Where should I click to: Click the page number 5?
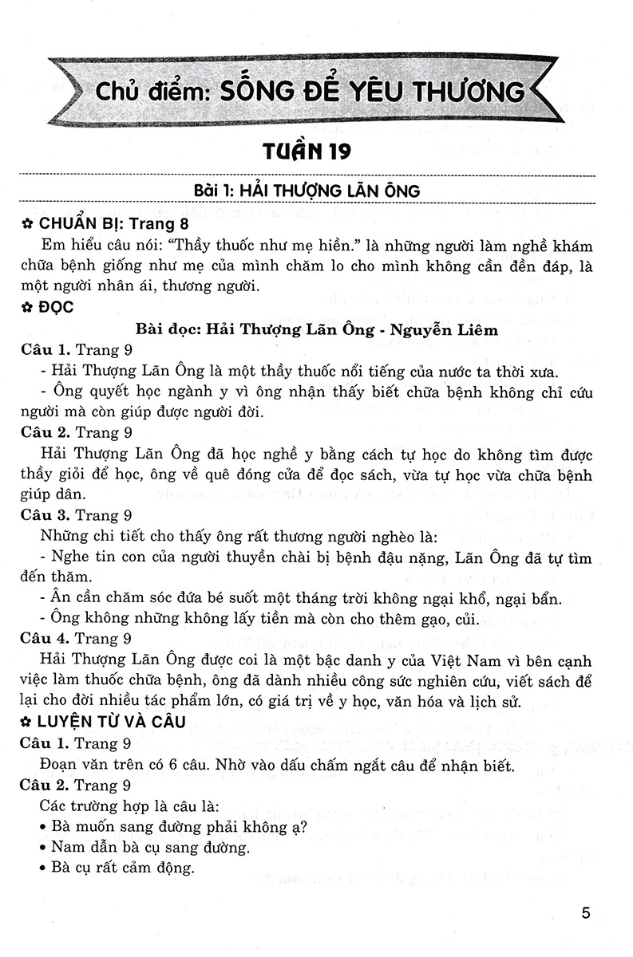pyautogui.click(x=586, y=912)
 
